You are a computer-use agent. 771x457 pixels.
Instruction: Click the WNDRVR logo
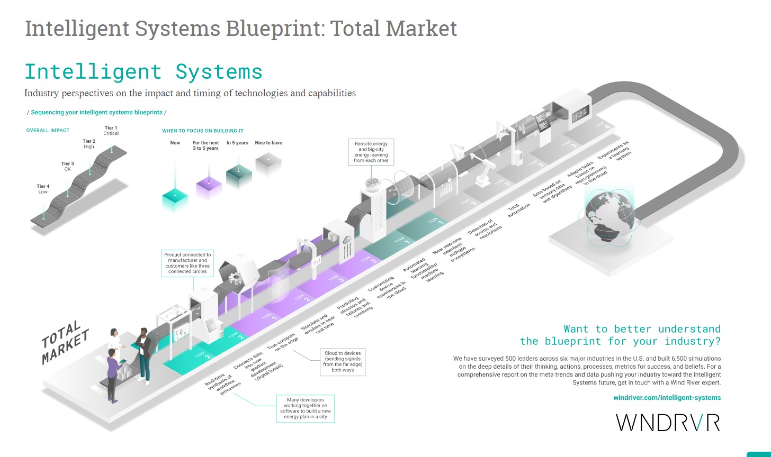pyautogui.click(x=668, y=422)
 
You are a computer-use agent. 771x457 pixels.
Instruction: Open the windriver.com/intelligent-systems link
pyautogui.click(x=667, y=397)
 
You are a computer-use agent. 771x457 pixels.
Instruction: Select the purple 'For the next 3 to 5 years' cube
pyautogui.click(x=209, y=187)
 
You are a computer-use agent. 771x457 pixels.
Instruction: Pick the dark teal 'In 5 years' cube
pyautogui.click(x=239, y=177)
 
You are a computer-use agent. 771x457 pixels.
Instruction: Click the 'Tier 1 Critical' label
pyautogui.click(x=111, y=131)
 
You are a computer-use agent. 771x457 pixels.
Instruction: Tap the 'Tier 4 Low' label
pyautogui.click(x=43, y=189)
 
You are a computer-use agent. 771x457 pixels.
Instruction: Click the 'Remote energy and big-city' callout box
pyautogui.click(x=371, y=152)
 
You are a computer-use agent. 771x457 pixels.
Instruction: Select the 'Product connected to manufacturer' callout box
pyautogui.click(x=187, y=263)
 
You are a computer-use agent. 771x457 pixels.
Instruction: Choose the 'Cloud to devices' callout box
pyautogui.click(x=343, y=362)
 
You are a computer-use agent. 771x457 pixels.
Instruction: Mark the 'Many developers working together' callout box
pyautogui.click(x=304, y=408)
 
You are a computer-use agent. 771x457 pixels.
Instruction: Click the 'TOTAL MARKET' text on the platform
pyautogui.click(x=65, y=343)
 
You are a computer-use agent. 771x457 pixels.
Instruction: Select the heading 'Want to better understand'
pyautogui.click(x=642, y=329)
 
